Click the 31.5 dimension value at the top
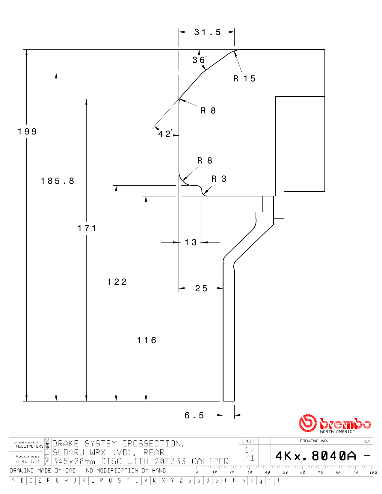tap(207, 32)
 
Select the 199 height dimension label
tap(27, 131)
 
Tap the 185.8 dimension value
tap(58, 181)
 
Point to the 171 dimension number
tap(87, 228)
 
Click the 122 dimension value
tap(117, 282)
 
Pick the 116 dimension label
tap(147, 340)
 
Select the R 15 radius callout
tap(244, 79)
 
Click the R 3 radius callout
tap(219, 179)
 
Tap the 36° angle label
tap(200, 60)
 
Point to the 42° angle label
tap(165, 134)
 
